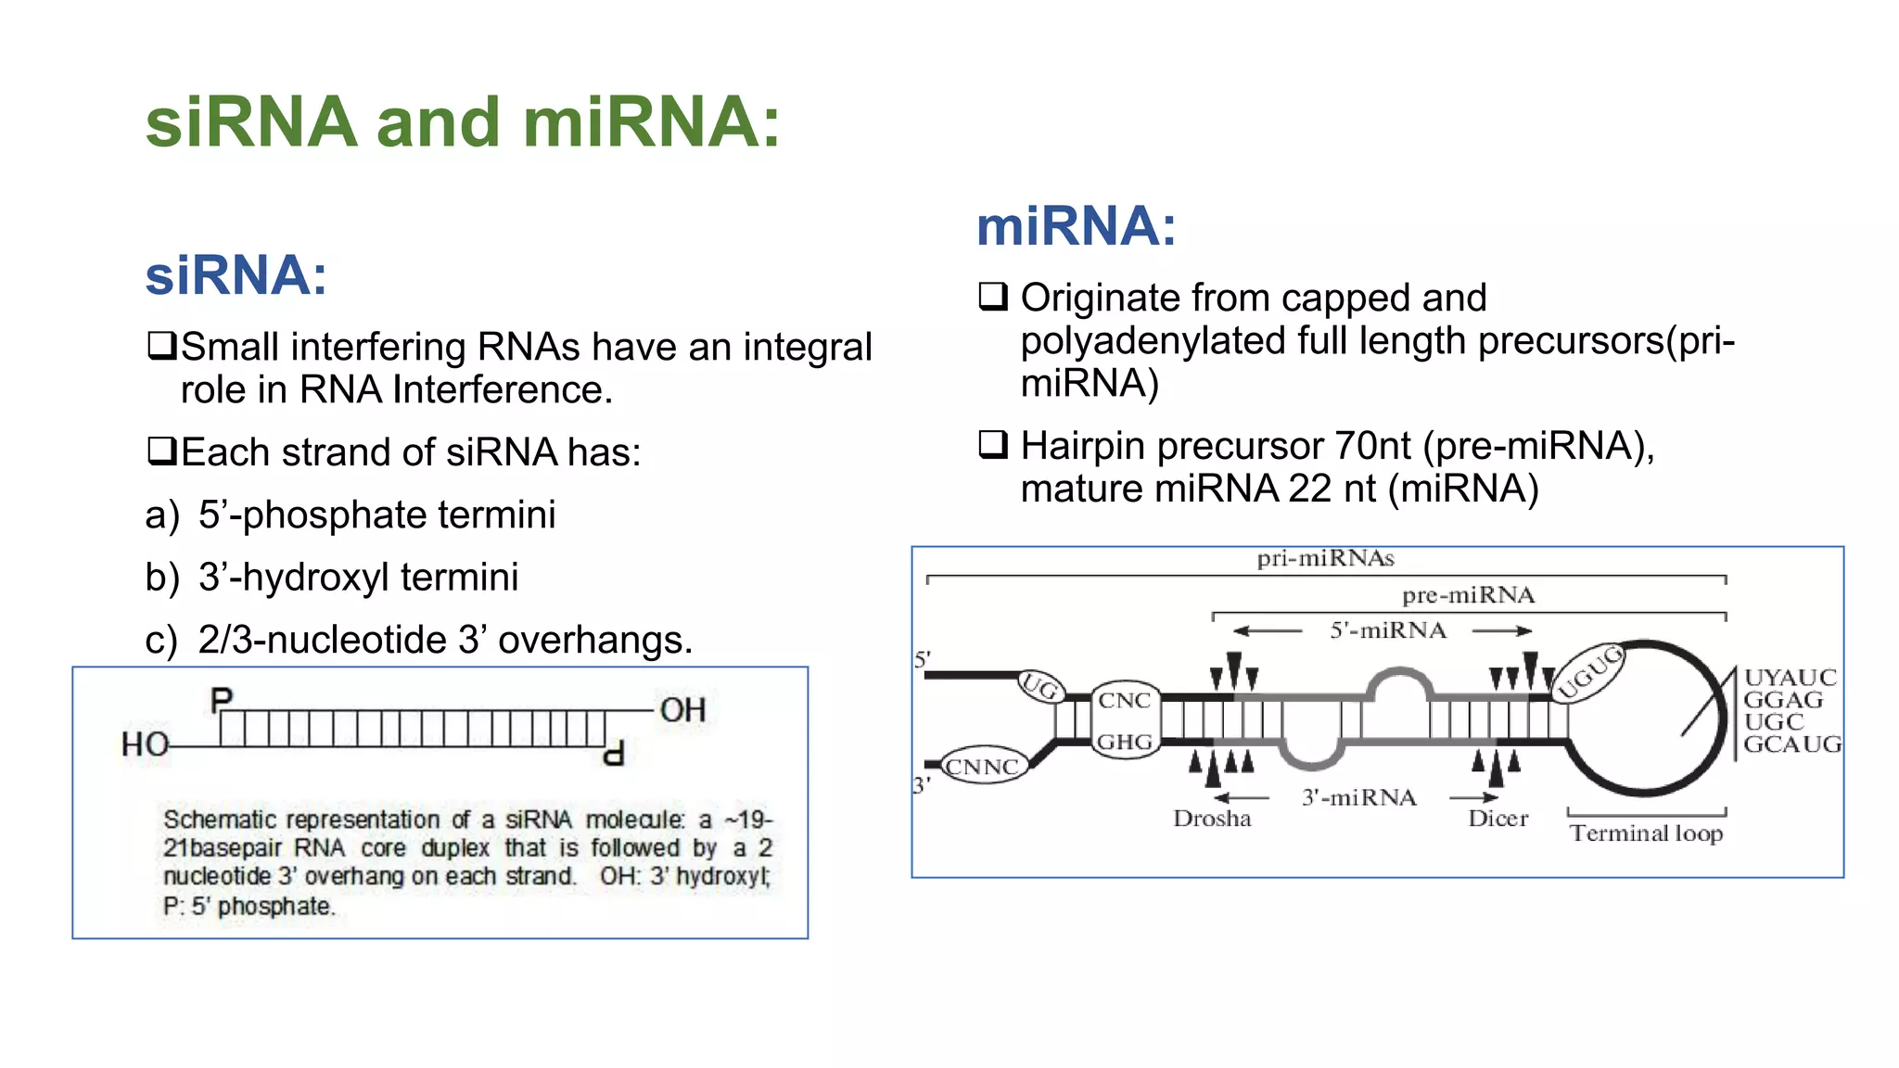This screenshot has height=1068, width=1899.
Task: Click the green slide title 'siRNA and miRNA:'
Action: click(463, 122)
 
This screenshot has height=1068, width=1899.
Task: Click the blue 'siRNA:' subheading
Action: click(236, 275)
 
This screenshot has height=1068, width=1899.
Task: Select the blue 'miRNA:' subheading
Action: click(1076, 226)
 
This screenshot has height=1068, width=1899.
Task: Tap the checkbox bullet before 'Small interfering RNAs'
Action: click(162, 347)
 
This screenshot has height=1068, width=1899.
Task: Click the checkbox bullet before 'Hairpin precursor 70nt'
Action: click(993, 445)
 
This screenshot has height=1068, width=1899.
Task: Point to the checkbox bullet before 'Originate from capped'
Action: click(993, 297)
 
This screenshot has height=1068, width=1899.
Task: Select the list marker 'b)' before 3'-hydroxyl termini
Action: click(162, 577)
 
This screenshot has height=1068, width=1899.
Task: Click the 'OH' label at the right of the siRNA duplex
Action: click(682, 710)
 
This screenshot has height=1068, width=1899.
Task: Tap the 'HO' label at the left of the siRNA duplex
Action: click(146, 744)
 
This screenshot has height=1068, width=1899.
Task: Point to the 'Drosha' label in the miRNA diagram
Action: click(1212, 819)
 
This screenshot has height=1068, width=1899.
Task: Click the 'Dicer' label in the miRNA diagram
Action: click(1498, 819)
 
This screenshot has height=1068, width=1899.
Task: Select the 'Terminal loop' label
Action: click(1646, 833)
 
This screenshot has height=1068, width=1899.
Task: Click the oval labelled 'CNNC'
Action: click(983, 767)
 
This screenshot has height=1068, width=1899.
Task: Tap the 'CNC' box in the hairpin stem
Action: click(1125, 701)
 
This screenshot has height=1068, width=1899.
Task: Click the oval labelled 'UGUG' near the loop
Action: click(1590, 671)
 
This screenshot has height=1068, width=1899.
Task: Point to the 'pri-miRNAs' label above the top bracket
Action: click(1325, 558)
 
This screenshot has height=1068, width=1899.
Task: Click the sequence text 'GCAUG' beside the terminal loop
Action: click(1791, 744)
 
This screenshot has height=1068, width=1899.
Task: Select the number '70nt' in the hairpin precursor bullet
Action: click(1373, 446)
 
